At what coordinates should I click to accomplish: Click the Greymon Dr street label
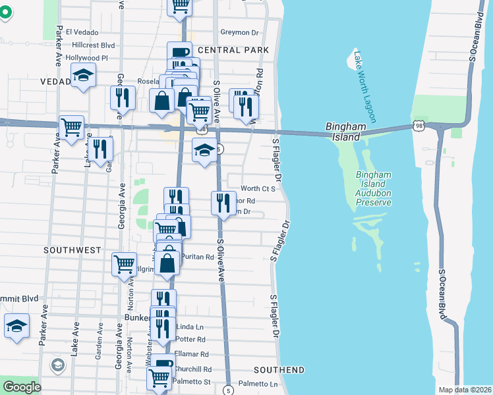[x=239, y=32]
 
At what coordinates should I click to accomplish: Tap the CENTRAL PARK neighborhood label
[x=233, y=50]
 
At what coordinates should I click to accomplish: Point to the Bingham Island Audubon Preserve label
[x=374, y=188]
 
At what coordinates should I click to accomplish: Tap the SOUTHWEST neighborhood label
[x=72, y=250]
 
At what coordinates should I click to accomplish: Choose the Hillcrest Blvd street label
[x=94, y=45]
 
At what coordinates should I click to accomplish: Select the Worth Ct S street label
[x=257, y=188]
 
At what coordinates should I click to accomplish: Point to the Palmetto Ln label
[x=258, y=383]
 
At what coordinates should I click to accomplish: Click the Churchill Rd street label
[x=192, y=369]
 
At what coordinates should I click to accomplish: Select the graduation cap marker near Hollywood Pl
[x=83, y=77]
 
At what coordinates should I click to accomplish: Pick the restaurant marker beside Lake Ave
[x=100, y=149]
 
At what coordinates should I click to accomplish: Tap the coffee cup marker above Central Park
[x=179, y=54]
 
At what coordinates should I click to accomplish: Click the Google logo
[x=22, y=387]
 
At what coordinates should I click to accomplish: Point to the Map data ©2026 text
[x=464, y=390]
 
